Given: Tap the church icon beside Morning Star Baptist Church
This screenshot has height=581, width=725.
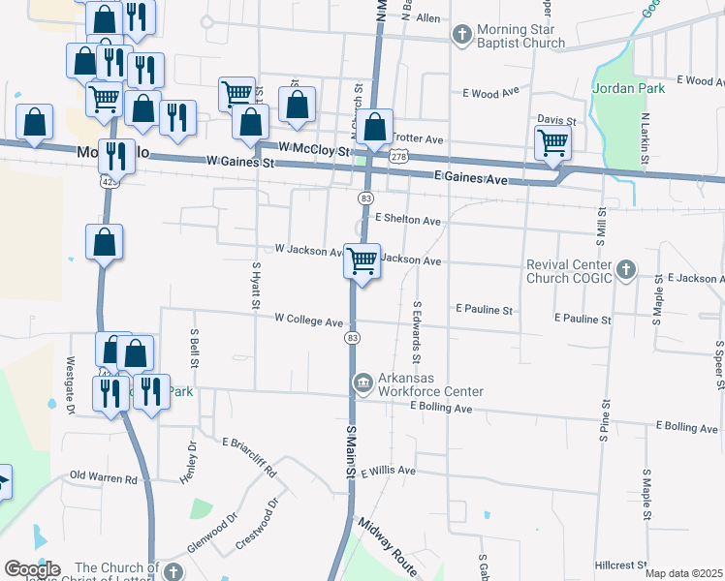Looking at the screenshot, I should (x=462, y=35).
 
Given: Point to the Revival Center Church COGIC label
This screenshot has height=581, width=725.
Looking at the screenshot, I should (x=569, y=271).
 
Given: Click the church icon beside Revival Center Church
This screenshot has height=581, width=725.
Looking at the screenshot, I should (x=626, y=270).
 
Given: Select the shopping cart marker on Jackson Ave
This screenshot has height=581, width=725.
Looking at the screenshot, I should (x=362, y=260).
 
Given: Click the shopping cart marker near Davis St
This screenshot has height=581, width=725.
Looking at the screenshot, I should (x=552, y=143).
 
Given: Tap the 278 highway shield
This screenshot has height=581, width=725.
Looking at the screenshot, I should (x=399, y=156).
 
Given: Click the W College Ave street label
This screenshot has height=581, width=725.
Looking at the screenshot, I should (x=308, y=320).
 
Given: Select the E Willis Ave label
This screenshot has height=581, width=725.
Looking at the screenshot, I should (x=388, y=472).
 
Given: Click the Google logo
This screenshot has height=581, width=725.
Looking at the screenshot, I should (x=31, y=569).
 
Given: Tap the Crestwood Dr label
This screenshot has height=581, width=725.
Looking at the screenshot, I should (x=259, y=524).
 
